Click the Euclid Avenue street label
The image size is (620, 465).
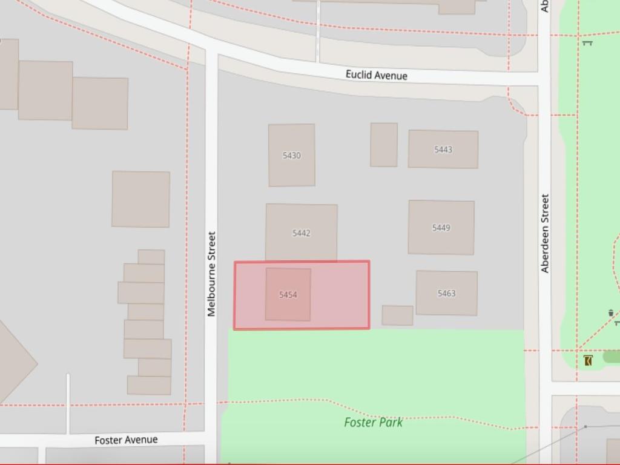[376, 75]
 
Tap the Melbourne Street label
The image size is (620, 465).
[211, 274]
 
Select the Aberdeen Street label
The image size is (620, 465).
[545, 233]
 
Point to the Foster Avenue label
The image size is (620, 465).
[126, 440]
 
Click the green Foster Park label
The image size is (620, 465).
[373, 423]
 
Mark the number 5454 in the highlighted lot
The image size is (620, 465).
[288, 295]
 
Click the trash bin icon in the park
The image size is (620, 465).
[610, 313]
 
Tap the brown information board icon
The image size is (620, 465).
[588, 361]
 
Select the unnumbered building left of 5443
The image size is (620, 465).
[384, 145]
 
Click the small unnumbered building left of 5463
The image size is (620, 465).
[397, 315]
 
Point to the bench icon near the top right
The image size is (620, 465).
[587, 42]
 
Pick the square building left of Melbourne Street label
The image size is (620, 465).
[140, 199]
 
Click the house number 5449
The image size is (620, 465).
[441, 228]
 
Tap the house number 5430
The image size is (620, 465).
[291, 156]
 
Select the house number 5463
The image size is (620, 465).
[446, 294]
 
